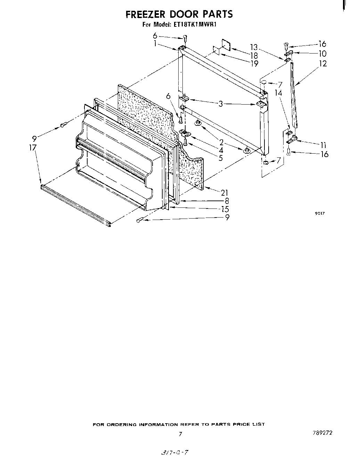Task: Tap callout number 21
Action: [x=224, y=193]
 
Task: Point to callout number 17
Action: [x=33, y=148]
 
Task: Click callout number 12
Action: [x=323, y=64]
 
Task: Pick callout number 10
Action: [x=322, y=54]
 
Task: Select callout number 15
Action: [x=225, y=209]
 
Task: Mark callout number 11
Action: [x=323, y=145]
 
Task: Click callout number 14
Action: [x=278, y=93]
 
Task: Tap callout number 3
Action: [x=220, y=104]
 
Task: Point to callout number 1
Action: [x=155, y=44]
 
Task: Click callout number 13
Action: [x=254, y=47]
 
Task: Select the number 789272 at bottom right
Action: [x=322, y=433]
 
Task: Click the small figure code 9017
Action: [x=320, y=213]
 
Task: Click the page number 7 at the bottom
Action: [x=180, y=434]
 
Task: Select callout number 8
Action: [x=226, y=201]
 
